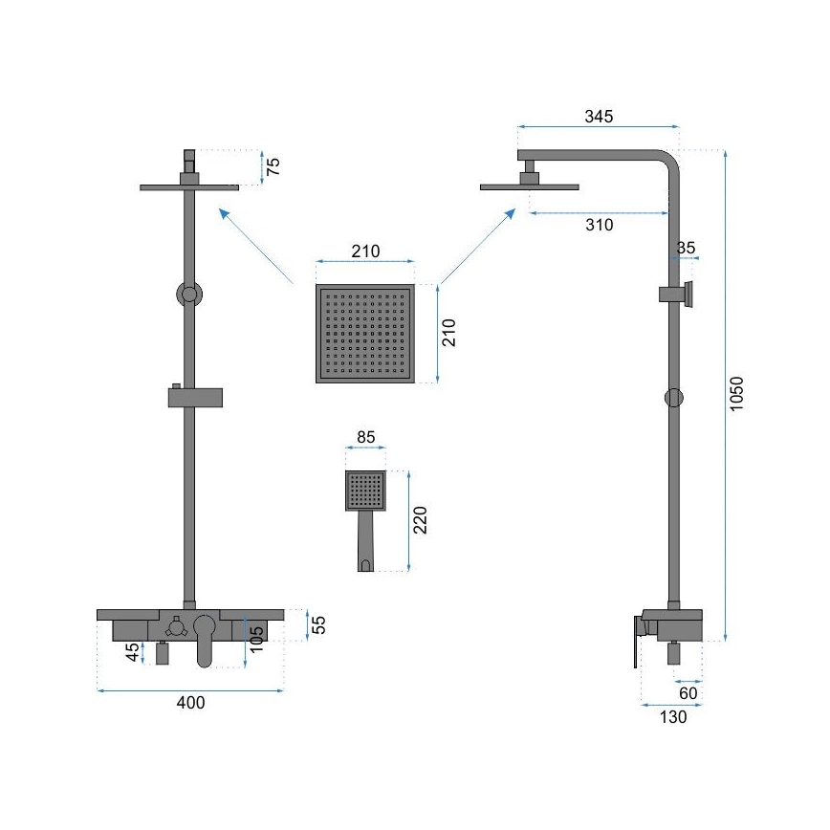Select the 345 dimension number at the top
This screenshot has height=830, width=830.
click(599, 117)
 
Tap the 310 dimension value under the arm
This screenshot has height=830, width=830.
click(599, 225)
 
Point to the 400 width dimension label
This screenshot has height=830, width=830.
click(190, 703)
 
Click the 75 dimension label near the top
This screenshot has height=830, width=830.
click(273, 167)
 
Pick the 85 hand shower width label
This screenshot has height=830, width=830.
click(365, 439)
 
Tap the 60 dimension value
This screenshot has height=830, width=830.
click(688, 692)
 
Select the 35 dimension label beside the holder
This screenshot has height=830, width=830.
click(687, 248)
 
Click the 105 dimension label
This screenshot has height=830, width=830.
click(255, 640)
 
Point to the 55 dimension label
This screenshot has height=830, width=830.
click(320, 624)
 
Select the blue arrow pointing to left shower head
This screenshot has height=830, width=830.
click(255, 245)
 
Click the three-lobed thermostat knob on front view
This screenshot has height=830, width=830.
click(175, 627)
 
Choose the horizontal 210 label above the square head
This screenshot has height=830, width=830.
click(365, 251)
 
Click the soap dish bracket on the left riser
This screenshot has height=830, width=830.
click(195, 396)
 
